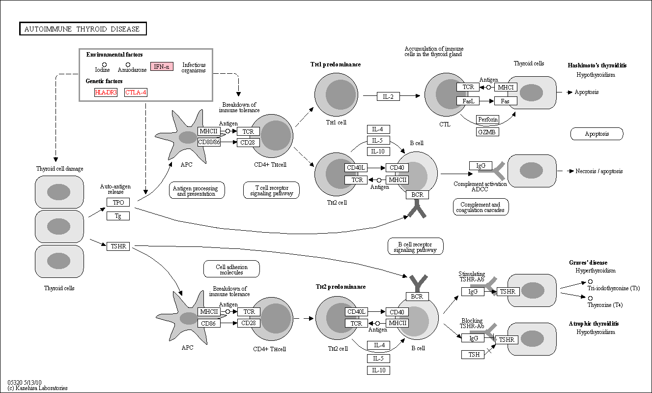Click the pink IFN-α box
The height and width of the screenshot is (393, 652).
pos(162,66)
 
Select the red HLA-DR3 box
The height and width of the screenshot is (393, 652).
pos(106,92)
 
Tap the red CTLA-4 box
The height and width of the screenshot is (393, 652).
pos(136,92)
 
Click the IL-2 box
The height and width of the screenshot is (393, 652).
pos(388,96)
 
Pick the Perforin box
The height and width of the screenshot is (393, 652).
pos(487,119)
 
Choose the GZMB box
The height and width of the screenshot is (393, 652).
pos(487,132)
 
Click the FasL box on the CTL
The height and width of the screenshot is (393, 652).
pos(468,101)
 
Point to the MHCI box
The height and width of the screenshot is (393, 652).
pos(506,87)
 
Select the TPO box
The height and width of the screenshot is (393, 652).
pos(118,202)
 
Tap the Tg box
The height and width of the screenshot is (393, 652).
pos(118,216)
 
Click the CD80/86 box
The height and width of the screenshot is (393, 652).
pos(209,142)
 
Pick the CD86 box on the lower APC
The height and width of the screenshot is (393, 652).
pos(209,323)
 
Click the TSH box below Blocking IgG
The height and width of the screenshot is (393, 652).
pos(473,355)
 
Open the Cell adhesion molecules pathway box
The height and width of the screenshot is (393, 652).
pos(231,269)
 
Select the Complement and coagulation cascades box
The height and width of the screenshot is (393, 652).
pos(481,207)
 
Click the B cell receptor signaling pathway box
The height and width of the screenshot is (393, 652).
pos(416,246)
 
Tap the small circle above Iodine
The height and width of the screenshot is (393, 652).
pos(104,64)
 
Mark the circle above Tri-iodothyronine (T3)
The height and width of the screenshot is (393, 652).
pos(590,282)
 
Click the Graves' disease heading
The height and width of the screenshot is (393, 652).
pos(588,263)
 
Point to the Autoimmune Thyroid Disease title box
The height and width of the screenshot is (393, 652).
pos(83,29)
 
